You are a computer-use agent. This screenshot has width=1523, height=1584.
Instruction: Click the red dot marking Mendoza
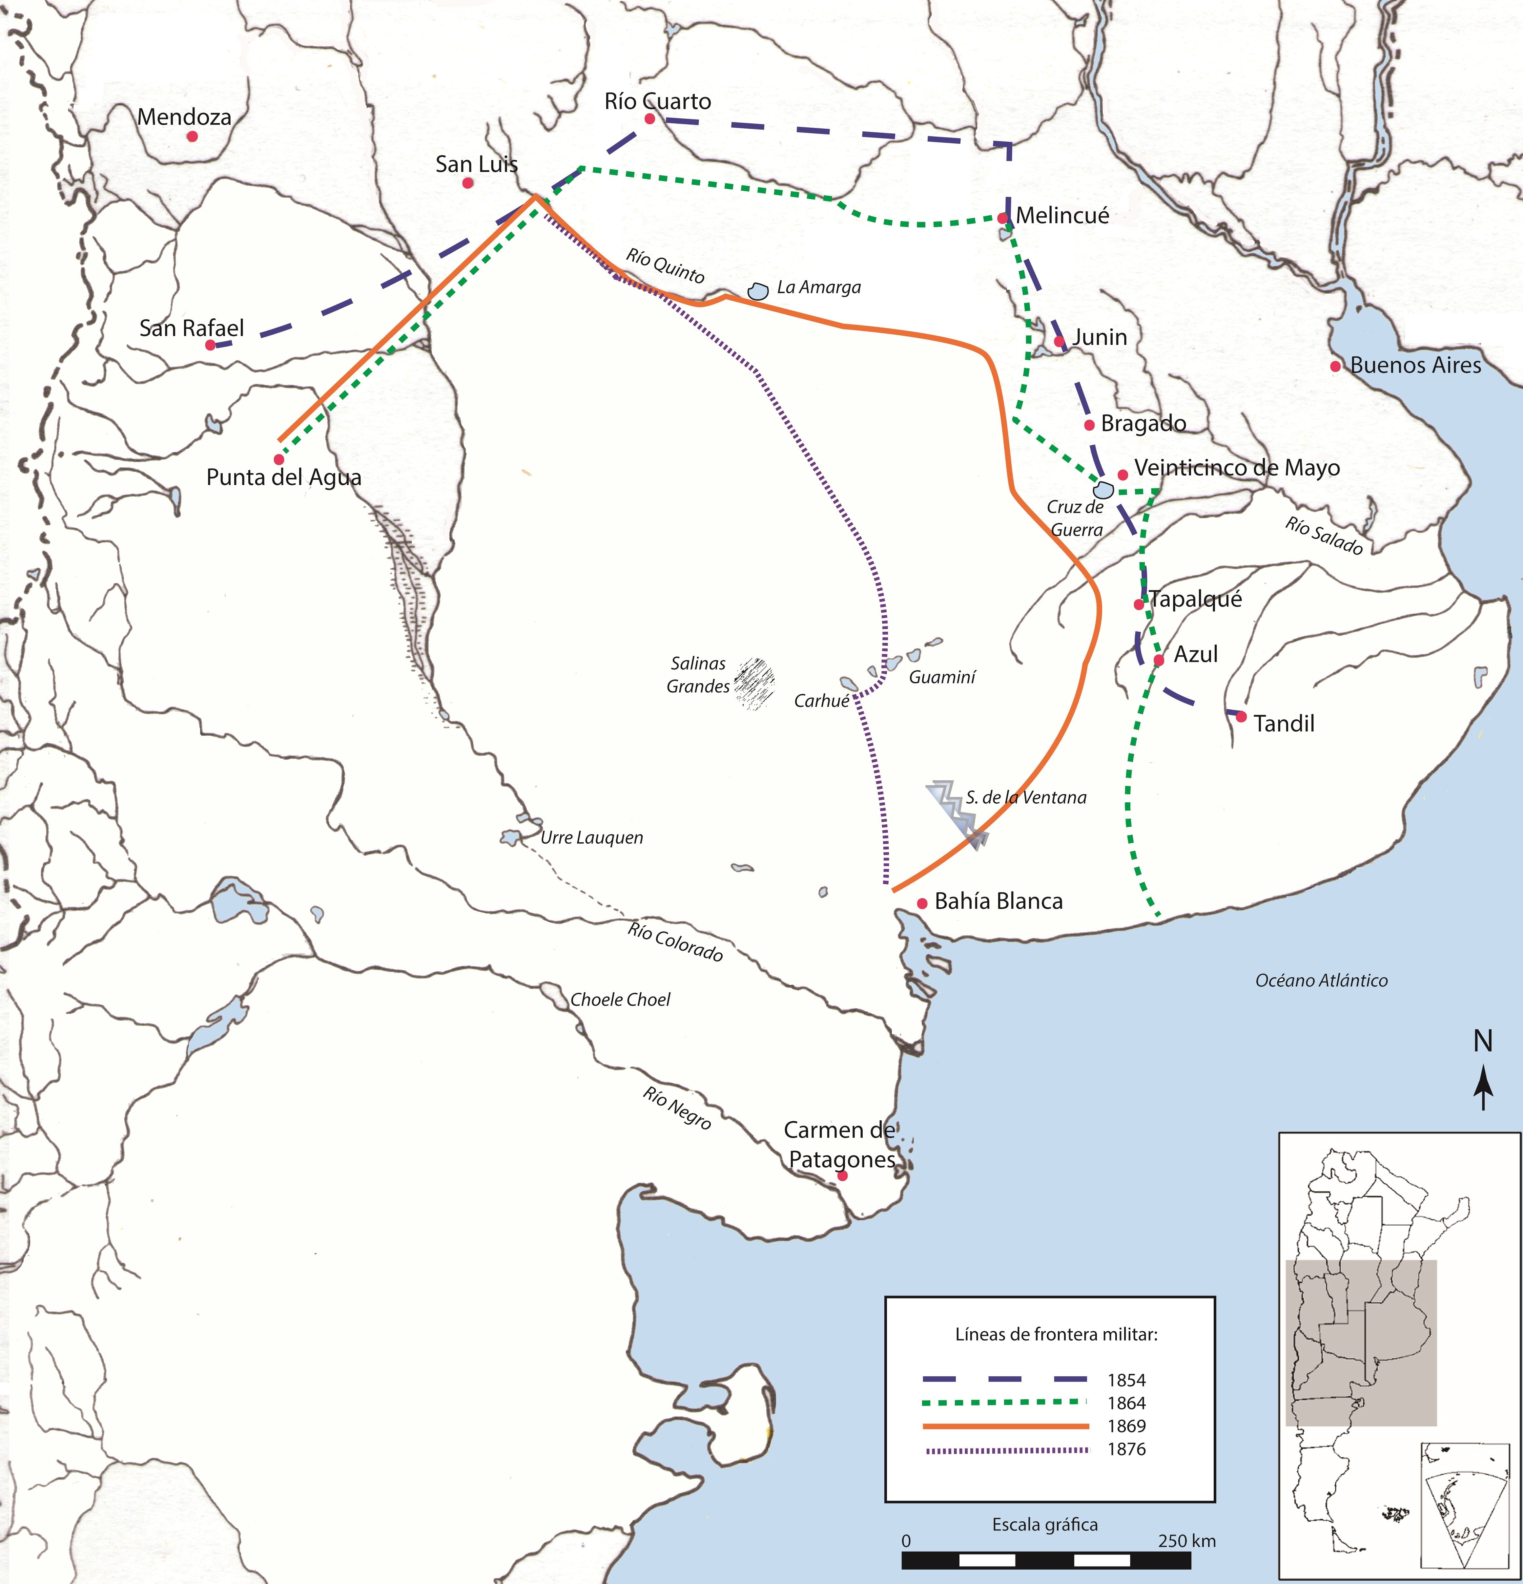coord(192,137)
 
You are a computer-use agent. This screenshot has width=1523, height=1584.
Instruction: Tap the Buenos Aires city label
coord(1415,365)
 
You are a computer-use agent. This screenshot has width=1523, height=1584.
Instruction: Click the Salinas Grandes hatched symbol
coord(754,684)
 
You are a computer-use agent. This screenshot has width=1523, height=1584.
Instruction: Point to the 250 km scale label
coord(1186,1540)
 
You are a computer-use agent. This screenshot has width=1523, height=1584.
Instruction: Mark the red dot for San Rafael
coord(210,345)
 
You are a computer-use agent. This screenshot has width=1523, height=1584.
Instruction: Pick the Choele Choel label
coord(621,1000)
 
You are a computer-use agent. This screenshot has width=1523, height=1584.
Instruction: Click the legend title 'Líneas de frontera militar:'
coord(1056,1334)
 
